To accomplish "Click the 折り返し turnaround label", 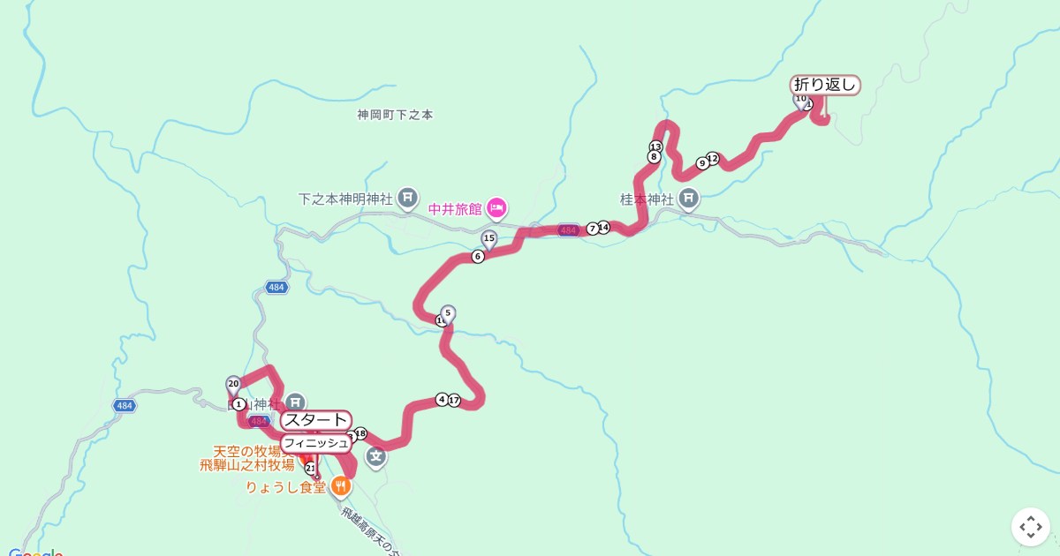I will tap(825, 86).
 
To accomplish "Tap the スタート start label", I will tap(316, 420).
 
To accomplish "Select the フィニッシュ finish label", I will tap(315, 443).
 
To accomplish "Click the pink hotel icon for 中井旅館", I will tap(496, 208).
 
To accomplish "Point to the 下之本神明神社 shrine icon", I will tap(407, 197).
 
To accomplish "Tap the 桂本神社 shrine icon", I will tap(689, 199).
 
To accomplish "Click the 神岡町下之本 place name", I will tap(395, 115).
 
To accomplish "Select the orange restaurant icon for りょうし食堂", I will tap(341, 485).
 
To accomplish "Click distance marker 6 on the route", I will tap(478, 257).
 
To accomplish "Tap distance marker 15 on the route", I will tap(488, 238).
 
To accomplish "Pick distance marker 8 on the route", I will tap(654, 157).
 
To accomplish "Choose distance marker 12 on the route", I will tap(713, 159).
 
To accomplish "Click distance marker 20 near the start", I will tap(233, 384).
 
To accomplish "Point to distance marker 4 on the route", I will tap(442, 400).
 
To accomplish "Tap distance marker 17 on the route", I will tap(454, 401).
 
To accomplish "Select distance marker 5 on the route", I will tap(448, 312).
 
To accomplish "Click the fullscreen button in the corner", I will tap(1030, 527).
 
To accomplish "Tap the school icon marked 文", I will tap(376, 456).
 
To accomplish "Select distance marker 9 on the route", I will tap(702, 163).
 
